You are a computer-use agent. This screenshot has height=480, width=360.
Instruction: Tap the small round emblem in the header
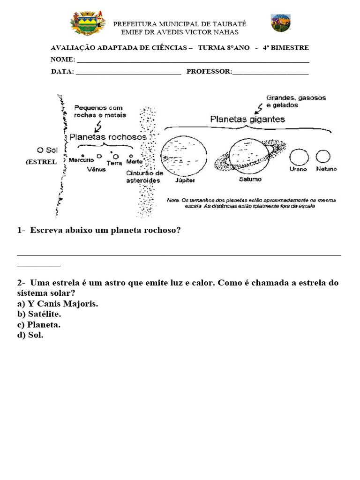(281, 23)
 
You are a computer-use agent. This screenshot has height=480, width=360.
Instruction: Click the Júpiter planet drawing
(184, 153)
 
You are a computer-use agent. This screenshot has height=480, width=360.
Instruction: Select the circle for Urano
(298, 157)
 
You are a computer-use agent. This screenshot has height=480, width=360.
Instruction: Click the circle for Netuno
(323, 156)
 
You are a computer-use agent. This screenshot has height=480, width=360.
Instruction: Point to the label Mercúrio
(81, 160)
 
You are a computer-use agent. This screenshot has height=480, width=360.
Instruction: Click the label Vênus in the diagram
(96, 169)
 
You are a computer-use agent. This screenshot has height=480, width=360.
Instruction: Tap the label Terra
(114, 163)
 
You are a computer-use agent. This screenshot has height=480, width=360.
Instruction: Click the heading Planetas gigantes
(247, 120)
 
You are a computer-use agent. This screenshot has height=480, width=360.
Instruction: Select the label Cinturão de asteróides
(145, 177)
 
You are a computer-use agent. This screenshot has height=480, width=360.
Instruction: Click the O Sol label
(47, 150)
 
